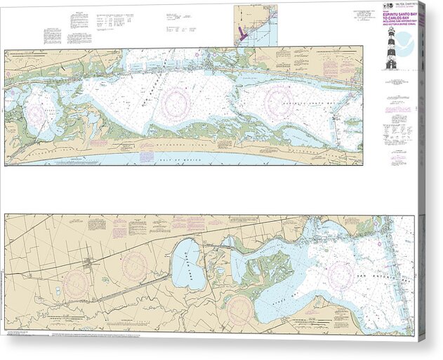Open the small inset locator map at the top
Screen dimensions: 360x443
(x=255, y=25)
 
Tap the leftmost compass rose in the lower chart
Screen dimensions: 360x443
(x=75, y=284)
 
